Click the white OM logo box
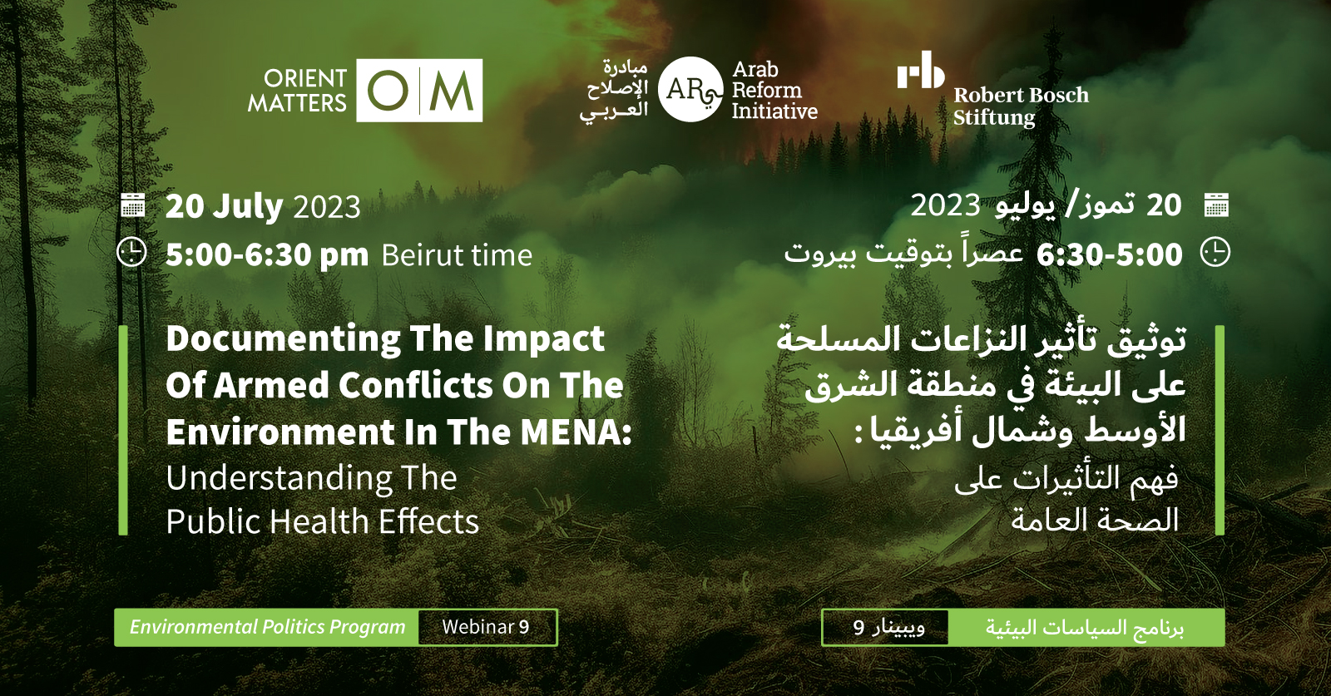click(419, 91)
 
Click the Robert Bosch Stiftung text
click(1021, 106)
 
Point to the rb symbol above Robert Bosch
click(920, 70)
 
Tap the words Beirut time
click(457, 255)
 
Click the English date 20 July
click(224, 207)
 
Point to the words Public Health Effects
click(322, 521)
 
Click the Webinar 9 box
click(487, 627)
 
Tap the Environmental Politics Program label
click(267, 627)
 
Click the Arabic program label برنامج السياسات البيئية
click(1085, 628)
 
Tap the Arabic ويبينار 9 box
click(885, 627)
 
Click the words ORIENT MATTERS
click(297, 91)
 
